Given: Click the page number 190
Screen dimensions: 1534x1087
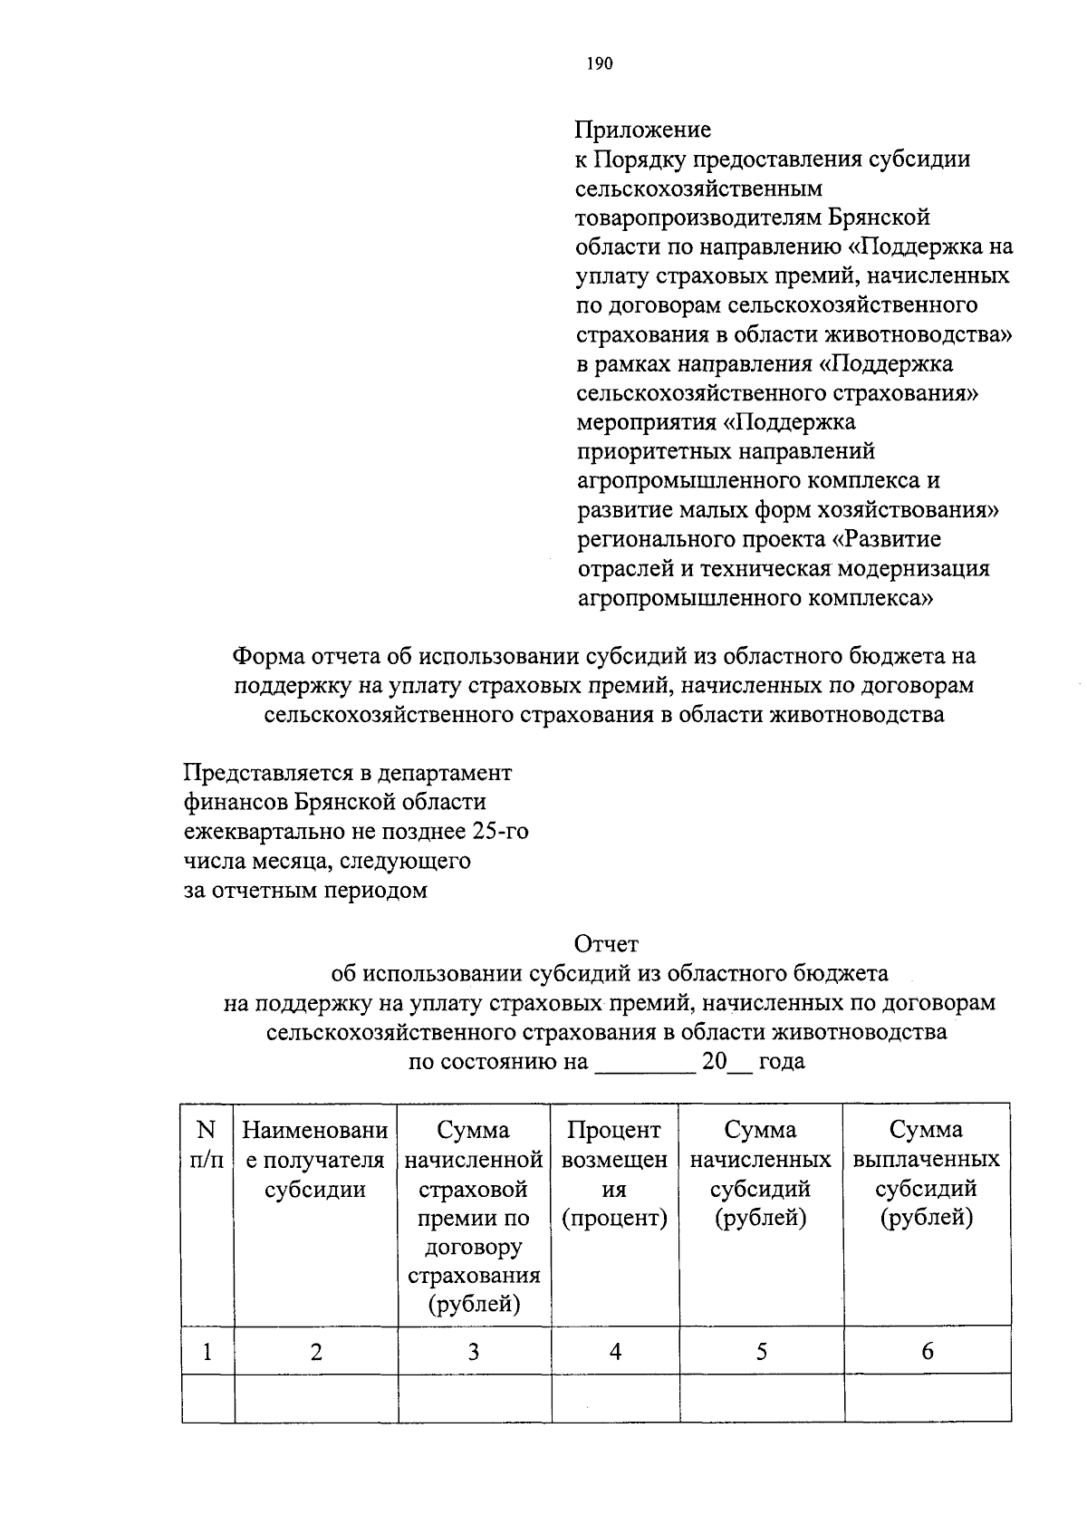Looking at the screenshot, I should click(600, 63).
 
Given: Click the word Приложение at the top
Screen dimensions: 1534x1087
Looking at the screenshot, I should click(643, 130).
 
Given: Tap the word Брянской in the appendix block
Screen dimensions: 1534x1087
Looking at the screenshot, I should click(878, 217).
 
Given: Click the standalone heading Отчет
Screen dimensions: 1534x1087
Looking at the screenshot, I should click(608, 944).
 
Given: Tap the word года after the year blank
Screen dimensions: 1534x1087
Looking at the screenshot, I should click(782, 1061).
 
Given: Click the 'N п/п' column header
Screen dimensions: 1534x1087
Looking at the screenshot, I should click(207, 1144).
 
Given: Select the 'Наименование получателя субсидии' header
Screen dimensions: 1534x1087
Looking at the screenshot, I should click(315, 1160).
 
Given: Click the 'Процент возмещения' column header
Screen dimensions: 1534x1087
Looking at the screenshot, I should click(615, 1173).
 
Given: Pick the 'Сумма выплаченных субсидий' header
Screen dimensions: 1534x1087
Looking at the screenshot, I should click(927, 1173).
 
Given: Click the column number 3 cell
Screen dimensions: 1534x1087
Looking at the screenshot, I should click(474, 1352).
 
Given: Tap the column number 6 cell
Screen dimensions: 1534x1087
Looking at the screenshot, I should click(927, 1352).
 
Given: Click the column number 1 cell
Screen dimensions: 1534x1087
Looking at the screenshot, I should click(207, 1352).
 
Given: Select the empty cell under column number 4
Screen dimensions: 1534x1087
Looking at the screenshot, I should click(615, 1398).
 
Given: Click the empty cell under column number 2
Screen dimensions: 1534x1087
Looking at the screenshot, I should click(315, 1398).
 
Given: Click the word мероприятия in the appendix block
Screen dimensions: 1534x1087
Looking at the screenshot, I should click(647, 423).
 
